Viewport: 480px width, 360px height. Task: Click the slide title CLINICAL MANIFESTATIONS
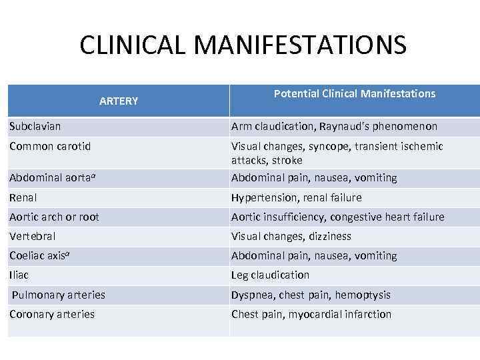242,45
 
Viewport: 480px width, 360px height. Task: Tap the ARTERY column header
119,101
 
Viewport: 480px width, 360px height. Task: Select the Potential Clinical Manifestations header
354,94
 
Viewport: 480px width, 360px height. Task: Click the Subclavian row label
35,126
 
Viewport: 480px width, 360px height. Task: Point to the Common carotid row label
50,146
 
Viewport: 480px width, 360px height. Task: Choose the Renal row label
23,197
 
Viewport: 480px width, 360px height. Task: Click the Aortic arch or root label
54,217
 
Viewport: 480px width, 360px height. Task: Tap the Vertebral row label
33,236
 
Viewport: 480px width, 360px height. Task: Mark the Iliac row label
19,275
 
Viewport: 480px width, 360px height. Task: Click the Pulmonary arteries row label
59,295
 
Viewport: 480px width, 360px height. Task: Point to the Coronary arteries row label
52,314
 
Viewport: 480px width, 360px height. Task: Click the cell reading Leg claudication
270,275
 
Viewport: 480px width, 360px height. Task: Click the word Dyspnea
251,295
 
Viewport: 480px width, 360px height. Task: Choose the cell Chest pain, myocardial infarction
311,314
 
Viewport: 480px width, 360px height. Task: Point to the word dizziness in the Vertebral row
329,236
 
